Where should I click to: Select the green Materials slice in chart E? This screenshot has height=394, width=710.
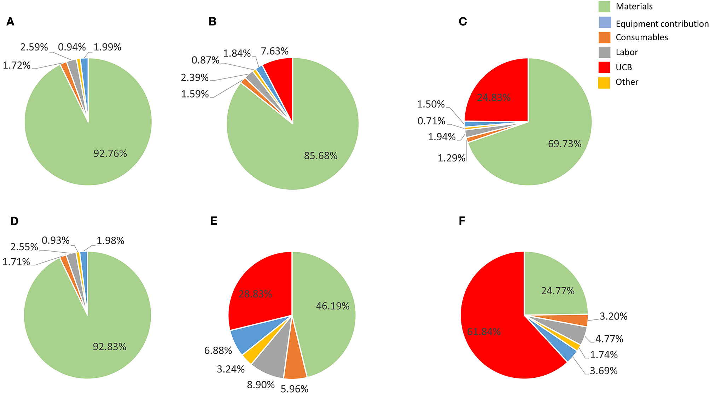(x=325, y=318)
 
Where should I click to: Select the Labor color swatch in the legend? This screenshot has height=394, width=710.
(x=604, y=52)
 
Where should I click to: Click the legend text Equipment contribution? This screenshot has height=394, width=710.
(x=662, y=24)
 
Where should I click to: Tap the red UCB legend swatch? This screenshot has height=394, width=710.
(x=604, y=67)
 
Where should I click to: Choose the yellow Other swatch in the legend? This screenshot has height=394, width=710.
(x=604, y=82)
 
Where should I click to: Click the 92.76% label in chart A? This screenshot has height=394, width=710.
(x=110, y=153)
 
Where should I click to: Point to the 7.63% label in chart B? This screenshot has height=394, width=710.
(x=275, y=51)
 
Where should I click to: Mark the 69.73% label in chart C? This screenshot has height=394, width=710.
(x=564, y=144)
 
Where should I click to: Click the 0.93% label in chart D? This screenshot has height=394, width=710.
(x=56, y=241)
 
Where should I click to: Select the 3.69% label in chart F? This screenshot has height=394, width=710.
(x=603, y=371)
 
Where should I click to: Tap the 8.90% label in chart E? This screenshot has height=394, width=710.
(x=261, y=385)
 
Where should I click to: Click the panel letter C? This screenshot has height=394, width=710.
(x=462, y=22)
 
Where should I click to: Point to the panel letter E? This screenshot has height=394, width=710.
(x=214, y=221)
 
